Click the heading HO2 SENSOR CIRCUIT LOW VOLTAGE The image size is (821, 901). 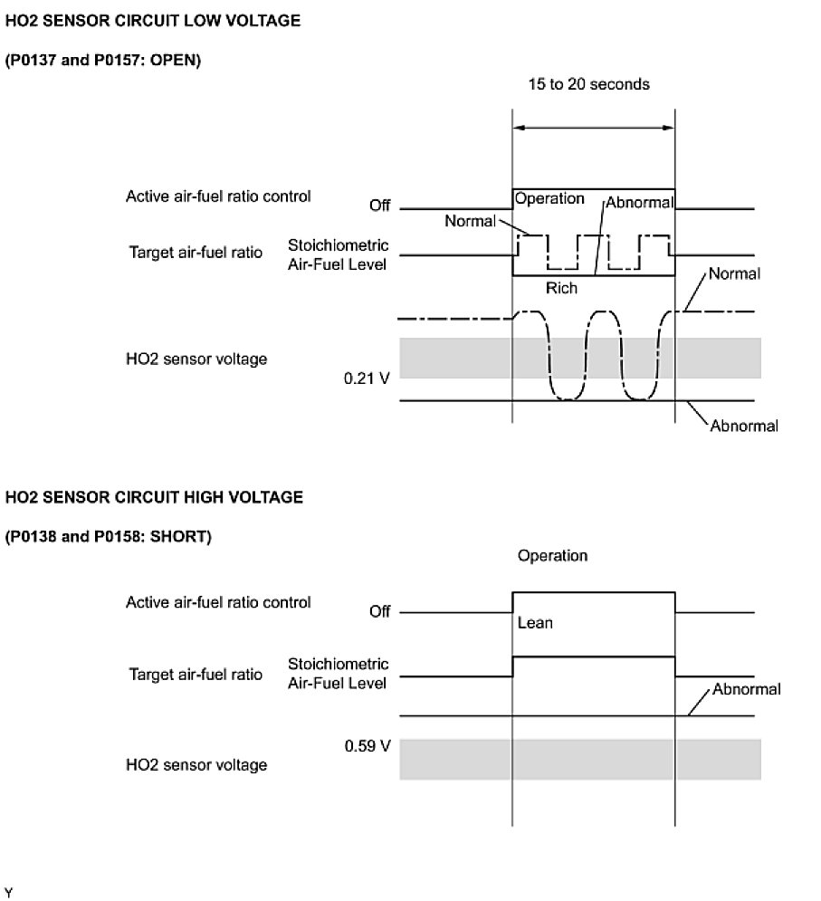(x=152, y=21)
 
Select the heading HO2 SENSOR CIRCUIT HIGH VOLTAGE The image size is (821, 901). (x=154, y=497)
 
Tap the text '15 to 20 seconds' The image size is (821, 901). (x=589, y=84)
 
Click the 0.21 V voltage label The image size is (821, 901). (x=367, y=378)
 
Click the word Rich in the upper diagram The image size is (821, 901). (x=561, y=289)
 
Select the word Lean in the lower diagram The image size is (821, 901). (x=535, y=623)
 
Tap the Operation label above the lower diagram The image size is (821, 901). (x=552, y=556)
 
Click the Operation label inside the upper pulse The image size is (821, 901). (x=549, y=199)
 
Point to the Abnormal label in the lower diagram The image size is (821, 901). (x=746, y=690)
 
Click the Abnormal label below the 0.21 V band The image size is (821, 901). (x=743, y=426)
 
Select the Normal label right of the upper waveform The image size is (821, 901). (x=734, y=273)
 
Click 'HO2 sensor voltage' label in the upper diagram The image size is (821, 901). (x=196, y=359)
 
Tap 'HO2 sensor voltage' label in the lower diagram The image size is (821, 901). (x=196, y=765)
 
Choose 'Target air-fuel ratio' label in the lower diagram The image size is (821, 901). (x=196, y=675)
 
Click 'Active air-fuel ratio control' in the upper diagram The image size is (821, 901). (x=218, y=196)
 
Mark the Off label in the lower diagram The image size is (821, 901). (x=379, y=612)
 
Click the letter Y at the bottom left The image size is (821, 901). (x=9, y=892)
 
